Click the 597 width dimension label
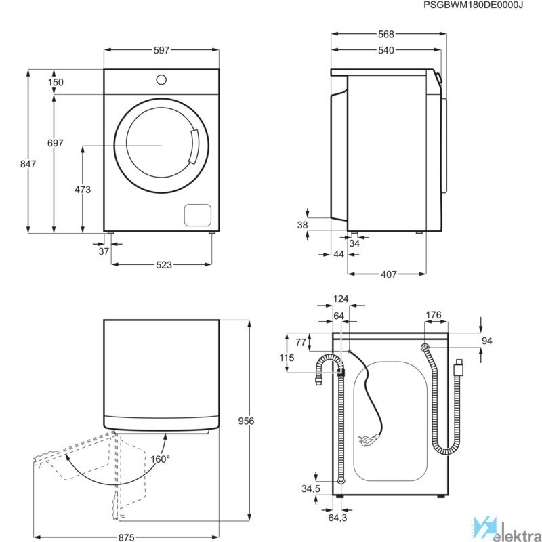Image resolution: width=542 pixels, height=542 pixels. coord(161,50)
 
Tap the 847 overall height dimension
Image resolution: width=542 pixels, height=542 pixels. coord(28,163)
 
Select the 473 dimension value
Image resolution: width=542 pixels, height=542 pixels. coord(83,190)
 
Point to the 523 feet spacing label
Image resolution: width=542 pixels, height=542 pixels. coord(164,264)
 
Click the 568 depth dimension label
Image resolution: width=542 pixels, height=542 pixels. coord(385,35)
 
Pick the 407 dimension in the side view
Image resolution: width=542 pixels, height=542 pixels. coord(388,274)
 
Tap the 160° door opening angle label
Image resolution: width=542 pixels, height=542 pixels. coord(160,459)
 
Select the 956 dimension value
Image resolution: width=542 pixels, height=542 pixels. coord(246,421)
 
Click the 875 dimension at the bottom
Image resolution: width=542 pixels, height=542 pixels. coord(126,537)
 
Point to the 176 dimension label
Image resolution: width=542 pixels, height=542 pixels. coord(434,315)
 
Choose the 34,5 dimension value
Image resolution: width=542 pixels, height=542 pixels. coord(311,488)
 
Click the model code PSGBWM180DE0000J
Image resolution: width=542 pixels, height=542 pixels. coord(473,5)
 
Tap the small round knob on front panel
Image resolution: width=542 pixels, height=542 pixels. coord(161,79)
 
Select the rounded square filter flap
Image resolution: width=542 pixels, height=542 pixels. coord(197,215)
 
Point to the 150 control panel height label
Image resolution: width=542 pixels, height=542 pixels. coord(56,82)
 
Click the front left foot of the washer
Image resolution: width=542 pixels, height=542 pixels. coord(111,232)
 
